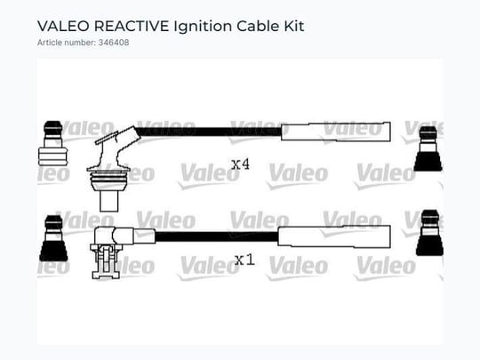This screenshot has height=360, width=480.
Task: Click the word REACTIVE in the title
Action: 132,26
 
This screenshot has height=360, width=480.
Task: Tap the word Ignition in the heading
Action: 203,27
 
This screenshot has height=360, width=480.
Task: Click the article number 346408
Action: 114,43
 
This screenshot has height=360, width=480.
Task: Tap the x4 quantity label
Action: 240,164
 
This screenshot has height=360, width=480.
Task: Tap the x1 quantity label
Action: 244,260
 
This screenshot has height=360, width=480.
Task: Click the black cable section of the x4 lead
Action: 210,132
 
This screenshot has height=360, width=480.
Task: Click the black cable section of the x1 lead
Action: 217,236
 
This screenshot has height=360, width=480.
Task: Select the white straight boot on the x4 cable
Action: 336,132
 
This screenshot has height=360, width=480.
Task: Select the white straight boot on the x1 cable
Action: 334,236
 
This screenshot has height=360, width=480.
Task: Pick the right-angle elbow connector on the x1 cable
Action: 123,236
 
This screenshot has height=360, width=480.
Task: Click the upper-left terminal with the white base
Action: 52,143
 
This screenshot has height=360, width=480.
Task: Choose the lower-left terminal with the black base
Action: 53,238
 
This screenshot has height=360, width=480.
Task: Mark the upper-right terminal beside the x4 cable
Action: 428,148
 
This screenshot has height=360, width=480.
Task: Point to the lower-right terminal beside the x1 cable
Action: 430,233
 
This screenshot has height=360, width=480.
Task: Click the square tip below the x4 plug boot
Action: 109,201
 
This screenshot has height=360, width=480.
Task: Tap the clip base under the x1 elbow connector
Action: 105,261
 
